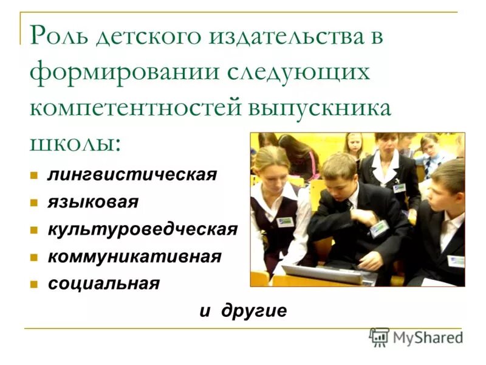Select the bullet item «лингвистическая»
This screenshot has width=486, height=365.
[132, 175]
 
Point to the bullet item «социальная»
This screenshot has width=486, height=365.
[104, 283]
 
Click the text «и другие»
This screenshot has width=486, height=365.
[243, 311]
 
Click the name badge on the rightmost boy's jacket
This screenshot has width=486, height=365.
[456, 260]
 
